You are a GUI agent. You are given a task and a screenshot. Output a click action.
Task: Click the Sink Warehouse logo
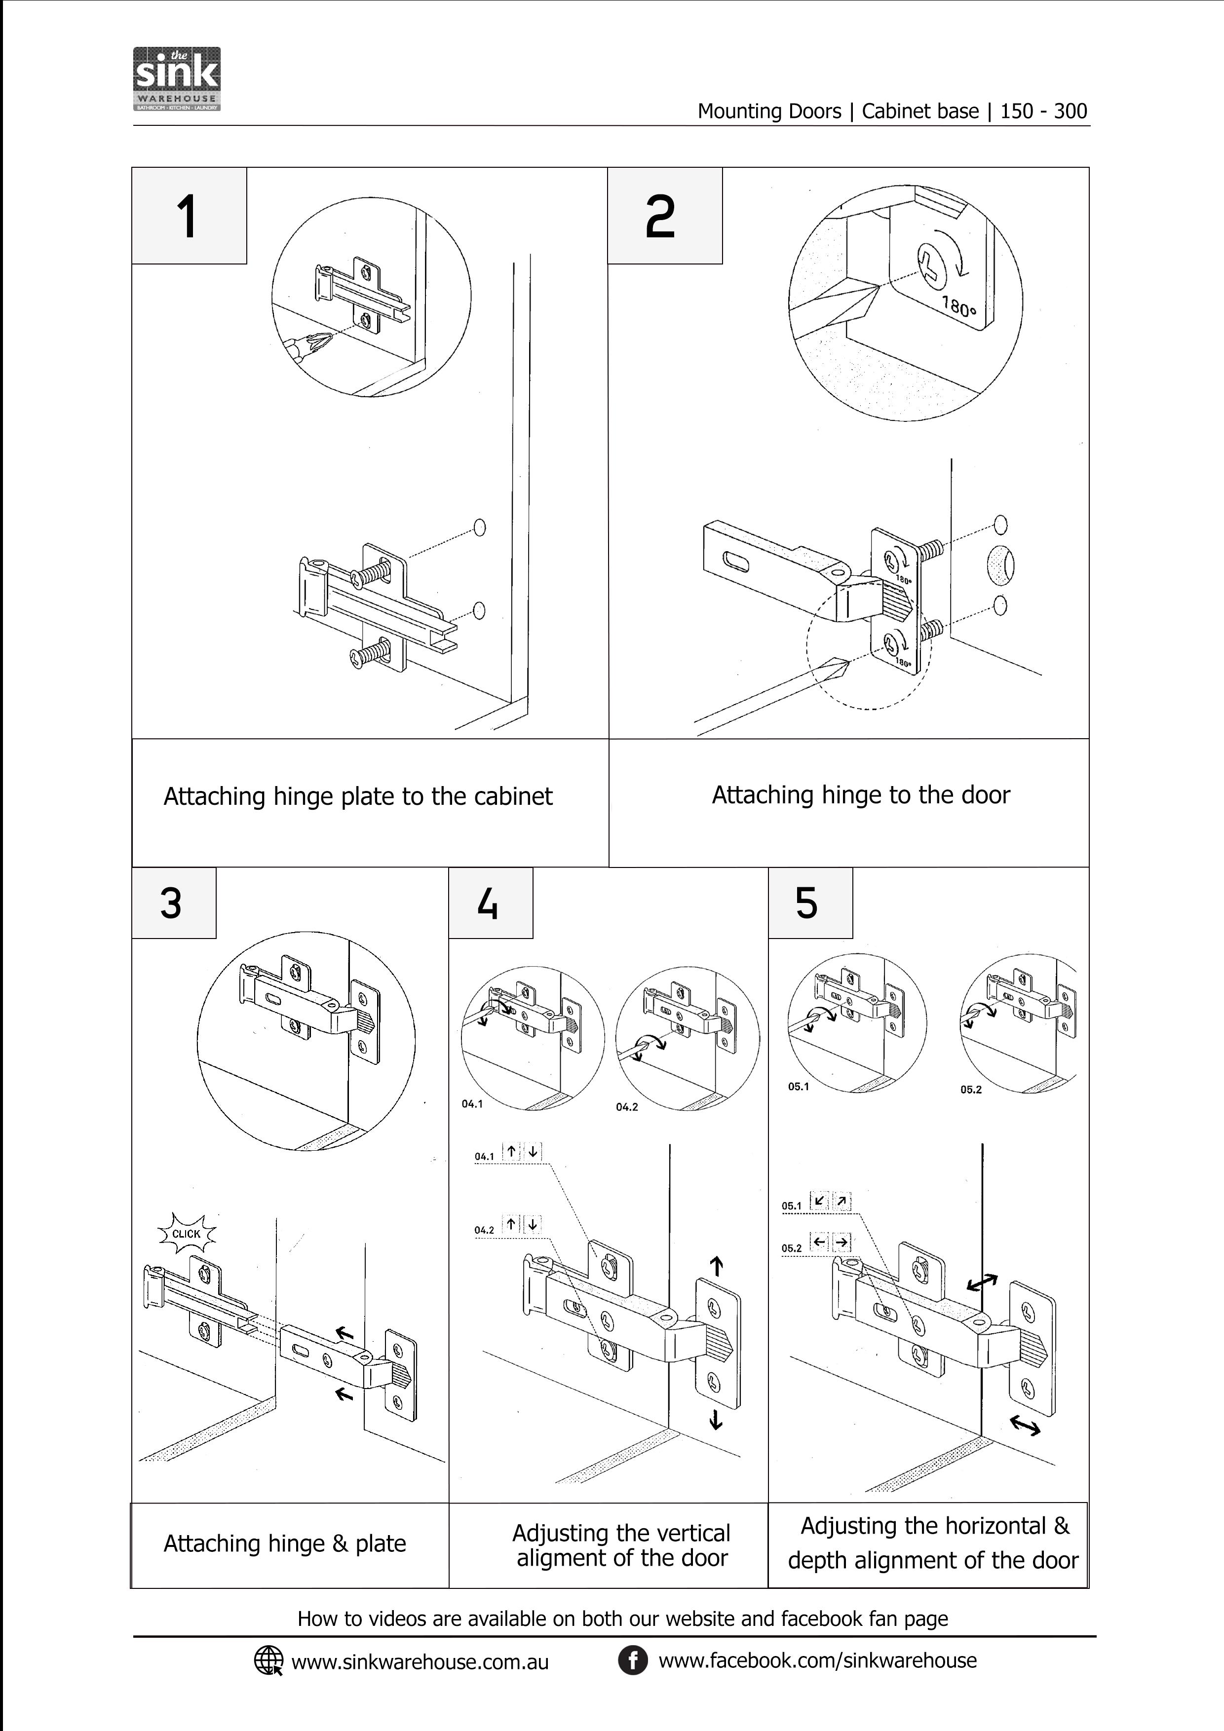click(177, 79)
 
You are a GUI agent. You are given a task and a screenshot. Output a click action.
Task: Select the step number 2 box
click(664, 216)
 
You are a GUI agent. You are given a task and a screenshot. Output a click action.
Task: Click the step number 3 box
click(173, 903)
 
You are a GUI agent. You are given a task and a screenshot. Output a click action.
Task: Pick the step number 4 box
click(490, 903)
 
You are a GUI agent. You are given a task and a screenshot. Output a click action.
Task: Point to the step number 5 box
click(809, 903)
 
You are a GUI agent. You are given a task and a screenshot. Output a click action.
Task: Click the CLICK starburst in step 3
click(186, 1234)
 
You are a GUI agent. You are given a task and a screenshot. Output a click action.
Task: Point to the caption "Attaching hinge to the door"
click(860, 794)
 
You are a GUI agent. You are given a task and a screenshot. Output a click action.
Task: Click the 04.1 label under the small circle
click(472, 1104)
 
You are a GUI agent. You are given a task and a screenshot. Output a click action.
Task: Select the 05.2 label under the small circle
click(971, 1090)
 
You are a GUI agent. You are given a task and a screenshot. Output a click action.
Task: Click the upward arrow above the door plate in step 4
click(717, 1266)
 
